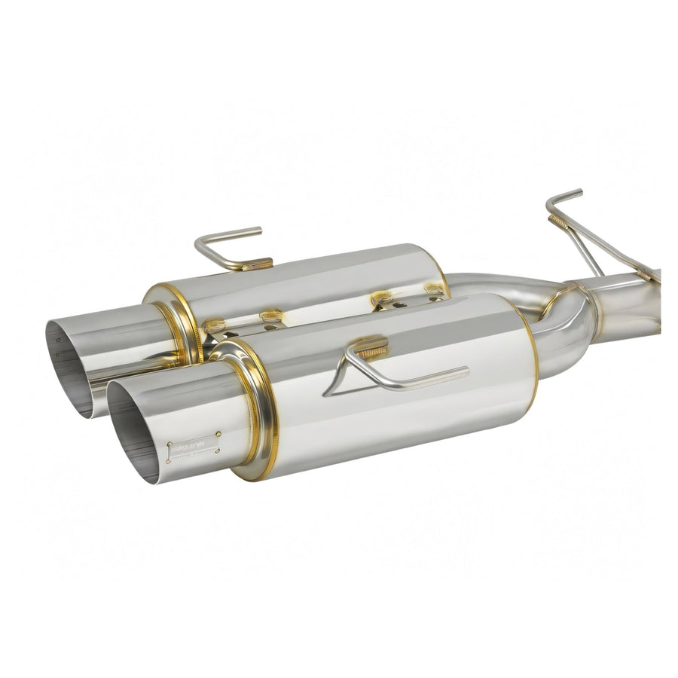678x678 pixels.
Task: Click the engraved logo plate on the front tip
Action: pos(194,447)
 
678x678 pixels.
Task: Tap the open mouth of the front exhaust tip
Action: pos(133,429)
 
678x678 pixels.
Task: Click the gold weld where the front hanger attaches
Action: pos(371,348)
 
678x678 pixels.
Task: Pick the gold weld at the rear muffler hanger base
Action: pos(257,264)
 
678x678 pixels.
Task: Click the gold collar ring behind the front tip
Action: pos(252,411)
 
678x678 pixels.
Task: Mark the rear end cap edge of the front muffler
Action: pos(530,354)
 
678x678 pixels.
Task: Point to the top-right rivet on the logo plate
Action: pos(218,435)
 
